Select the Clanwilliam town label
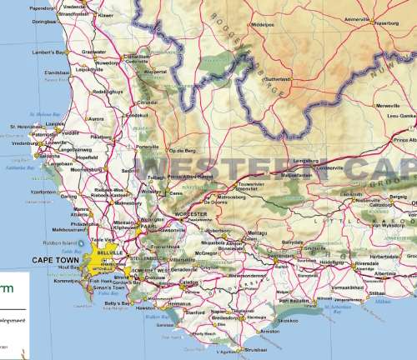[138, 57]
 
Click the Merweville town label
[389, 106]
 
